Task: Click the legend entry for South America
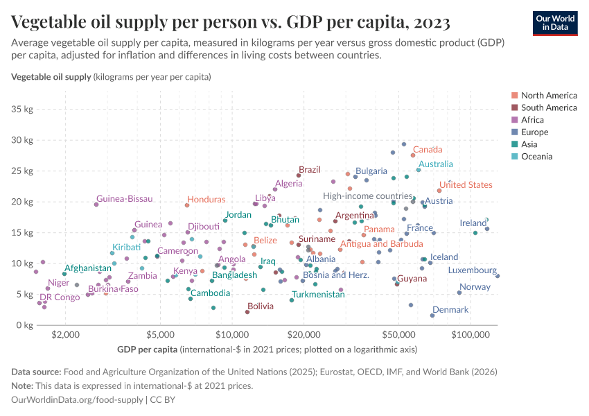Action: click(x=549, y=107)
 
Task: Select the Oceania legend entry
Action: click(x=536, y=157)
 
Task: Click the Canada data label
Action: click(x=428, y=150)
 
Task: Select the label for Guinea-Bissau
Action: click(x=124, y=199)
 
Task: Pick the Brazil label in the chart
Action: click(x=309, y=170)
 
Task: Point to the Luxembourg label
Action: click(x=472, y=270)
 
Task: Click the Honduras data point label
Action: click(x=206, y=200)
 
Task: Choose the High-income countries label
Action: click(x=367, y=196)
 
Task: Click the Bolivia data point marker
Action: click(x=247, y=312)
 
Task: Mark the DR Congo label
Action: click(x=60, y=297)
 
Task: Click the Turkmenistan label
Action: click(x=318, y=295)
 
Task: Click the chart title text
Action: click(x=231, y=23)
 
